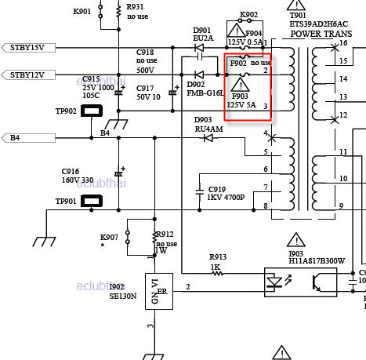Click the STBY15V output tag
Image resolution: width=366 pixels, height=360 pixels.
tap(28, 48)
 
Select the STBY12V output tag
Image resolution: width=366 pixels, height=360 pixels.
tap(28, 75)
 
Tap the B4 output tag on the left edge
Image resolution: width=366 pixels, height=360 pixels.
tap(28, 138)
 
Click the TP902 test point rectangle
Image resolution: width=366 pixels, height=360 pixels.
tap(92, 111)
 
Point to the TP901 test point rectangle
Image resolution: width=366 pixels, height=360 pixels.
tap(92, 201)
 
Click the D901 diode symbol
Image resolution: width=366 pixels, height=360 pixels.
tap(199, 48)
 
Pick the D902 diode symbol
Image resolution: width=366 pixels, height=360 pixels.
tap(199, 75)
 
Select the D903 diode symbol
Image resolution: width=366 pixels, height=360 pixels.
tap(208, 138)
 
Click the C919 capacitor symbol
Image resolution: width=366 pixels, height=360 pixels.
tap(200, 192)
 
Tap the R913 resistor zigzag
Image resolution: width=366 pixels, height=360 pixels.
tap(218, 274)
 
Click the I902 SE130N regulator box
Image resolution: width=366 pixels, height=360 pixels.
tap(159, 291)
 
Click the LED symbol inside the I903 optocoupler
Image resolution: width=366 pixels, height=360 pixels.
tap(274, 282)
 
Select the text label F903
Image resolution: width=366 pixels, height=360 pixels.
tap(240, 96)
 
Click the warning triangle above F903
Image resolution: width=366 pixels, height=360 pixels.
tap(241, 85)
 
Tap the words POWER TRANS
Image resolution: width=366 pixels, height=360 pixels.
tap(321, 34)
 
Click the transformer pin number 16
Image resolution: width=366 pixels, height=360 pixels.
tap(343, 43)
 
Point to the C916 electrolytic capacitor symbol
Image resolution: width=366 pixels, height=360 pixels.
tap(118, 173)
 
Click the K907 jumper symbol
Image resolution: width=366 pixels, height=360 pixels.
tap(128, 237)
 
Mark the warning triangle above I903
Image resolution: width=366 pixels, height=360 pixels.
tap(296, 240)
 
